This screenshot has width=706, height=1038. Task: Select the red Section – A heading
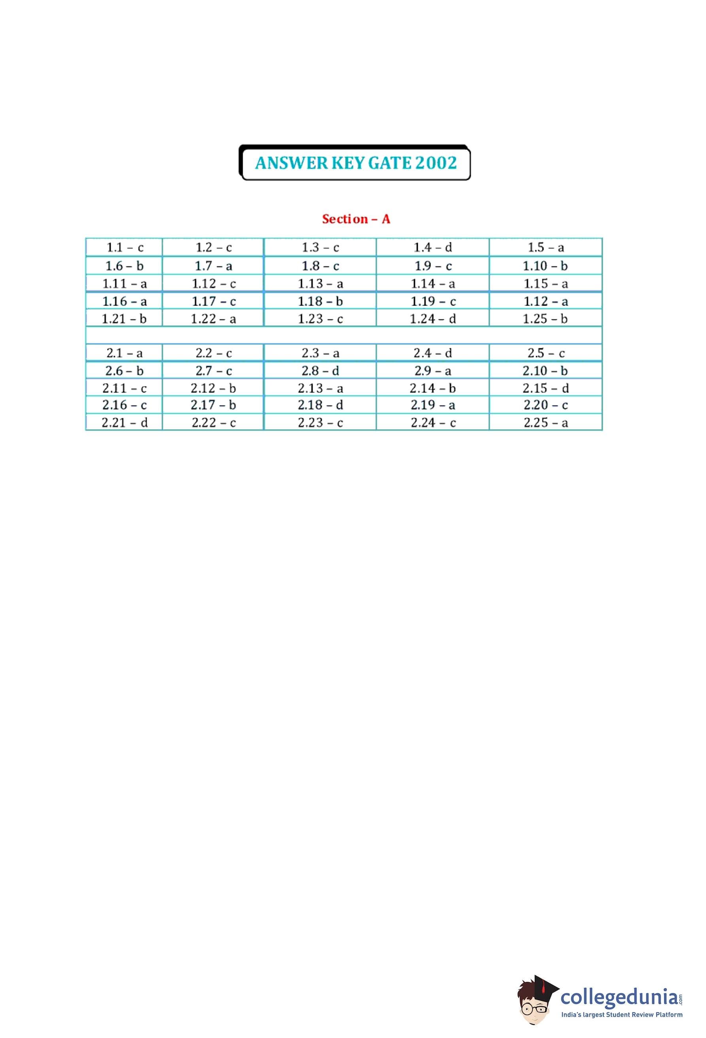[356, 219]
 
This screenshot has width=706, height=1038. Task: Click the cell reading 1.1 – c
[125, 247]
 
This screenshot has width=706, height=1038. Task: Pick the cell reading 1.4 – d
[432, 247]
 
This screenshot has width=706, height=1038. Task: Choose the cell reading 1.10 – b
[545, 266]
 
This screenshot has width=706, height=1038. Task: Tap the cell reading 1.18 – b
[320, 302]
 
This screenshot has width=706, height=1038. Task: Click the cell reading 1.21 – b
[124, 319]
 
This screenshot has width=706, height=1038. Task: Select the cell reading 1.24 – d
[432, 319]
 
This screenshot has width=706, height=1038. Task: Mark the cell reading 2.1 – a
[124, 353]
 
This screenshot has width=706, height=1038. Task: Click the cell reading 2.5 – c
[545, 353]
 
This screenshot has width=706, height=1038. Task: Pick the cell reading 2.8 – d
[320, 371]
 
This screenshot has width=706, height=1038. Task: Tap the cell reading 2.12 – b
[213, 388]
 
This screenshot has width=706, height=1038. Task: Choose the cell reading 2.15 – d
[545, 388]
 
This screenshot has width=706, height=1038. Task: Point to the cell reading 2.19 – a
[432, 405]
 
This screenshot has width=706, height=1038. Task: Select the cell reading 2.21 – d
[124, 423]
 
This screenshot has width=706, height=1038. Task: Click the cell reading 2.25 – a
[545, 423]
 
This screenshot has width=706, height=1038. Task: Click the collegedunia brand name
[619, 996]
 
